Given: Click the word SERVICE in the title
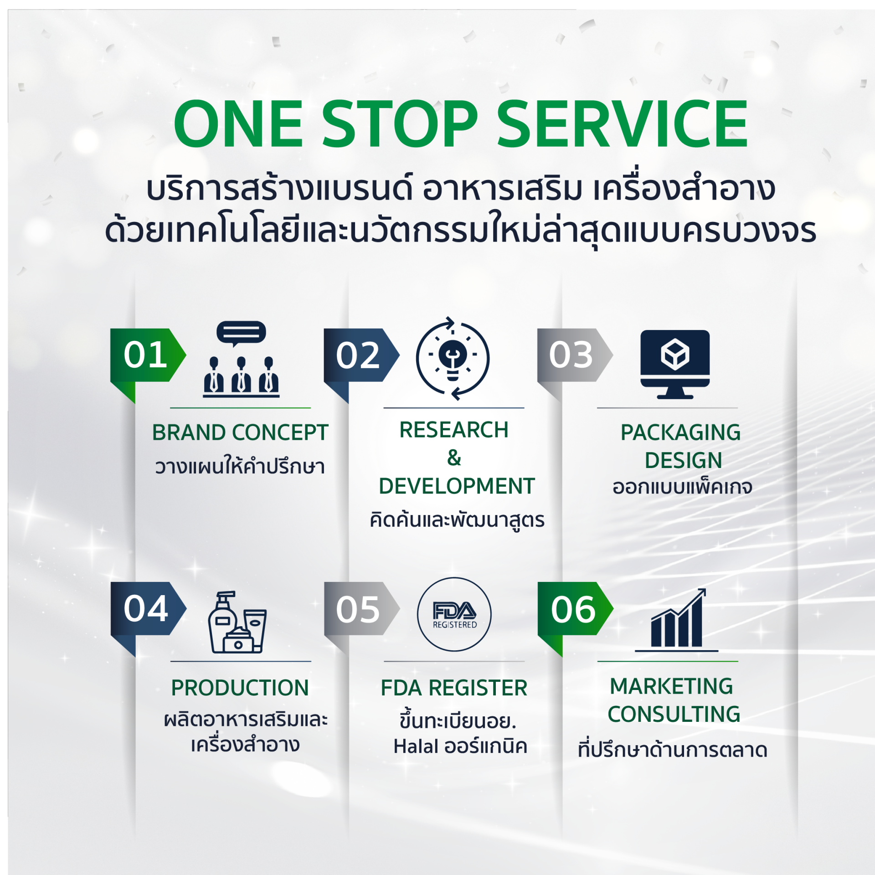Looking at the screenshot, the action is [623, 124].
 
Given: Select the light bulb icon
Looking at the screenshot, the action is [453, 359].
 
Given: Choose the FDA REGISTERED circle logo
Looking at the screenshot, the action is [454, 614].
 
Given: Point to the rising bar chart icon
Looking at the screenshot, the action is [677, 620].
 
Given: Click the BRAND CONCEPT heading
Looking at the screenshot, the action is [240, 432].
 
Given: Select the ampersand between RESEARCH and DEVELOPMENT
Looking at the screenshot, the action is [454, 458].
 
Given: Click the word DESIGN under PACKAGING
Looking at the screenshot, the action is [683, 460].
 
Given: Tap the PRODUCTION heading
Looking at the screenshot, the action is [240, 688].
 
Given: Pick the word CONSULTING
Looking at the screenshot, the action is [674, 714].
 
